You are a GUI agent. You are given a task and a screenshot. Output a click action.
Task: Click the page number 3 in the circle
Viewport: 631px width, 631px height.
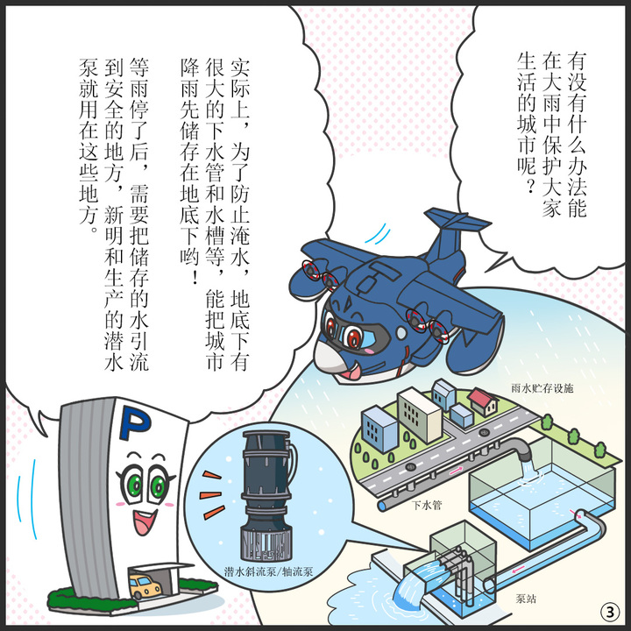pos(607,610)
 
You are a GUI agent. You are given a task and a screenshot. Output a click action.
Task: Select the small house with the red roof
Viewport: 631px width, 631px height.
pos(482,402)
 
